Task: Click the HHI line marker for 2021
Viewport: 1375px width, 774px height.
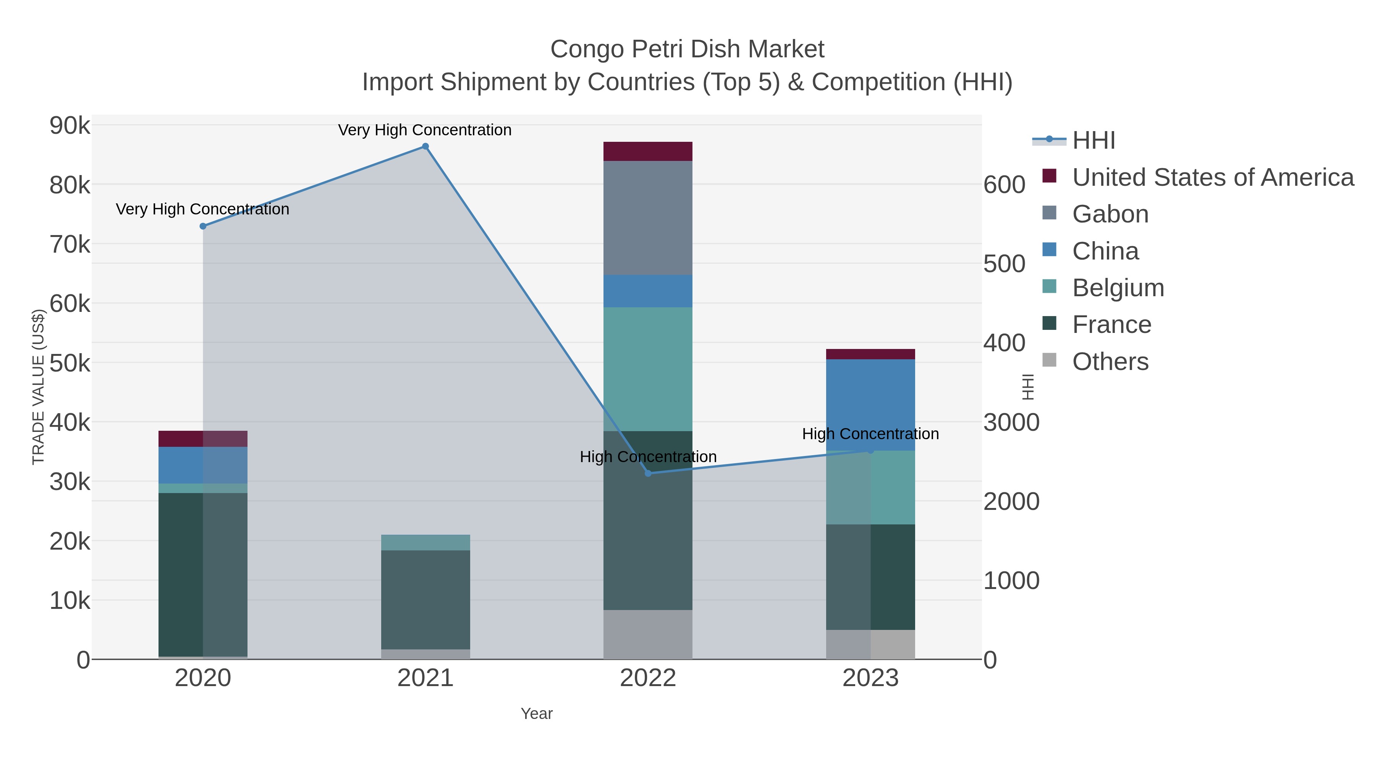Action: point(425,146)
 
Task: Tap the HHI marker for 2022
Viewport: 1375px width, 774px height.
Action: point(648,473)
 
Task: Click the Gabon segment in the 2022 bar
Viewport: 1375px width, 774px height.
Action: point(648,218)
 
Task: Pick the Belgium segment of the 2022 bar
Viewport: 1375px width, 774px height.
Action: point(648,368)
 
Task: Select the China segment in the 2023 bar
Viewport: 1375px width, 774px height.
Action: point(870,405)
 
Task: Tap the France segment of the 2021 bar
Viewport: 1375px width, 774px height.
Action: point(425,599)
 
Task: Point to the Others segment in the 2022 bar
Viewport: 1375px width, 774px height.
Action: point(648,634)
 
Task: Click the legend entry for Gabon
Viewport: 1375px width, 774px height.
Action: point(1110,214)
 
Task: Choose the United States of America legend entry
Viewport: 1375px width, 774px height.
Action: point(1213,177)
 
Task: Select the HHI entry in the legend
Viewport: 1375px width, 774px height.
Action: point(1093,141)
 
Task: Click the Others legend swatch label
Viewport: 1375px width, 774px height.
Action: point(1110,362)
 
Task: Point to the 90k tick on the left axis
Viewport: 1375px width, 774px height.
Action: point(70,126)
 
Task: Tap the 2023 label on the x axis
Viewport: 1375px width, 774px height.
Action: point(870,678)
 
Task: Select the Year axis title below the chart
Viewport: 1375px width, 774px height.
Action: point(537,714)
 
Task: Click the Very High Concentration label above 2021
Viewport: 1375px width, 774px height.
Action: point(425,130)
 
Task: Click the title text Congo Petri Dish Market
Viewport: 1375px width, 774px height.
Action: point(687,49)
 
